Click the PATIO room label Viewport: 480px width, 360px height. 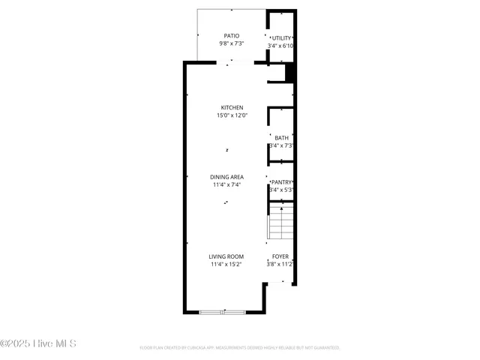tap(232, 36)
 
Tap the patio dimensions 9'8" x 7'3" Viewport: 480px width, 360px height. tap(232, 43)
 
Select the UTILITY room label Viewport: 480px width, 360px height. tap(281, 38)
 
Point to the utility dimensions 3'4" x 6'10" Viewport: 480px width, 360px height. tap(280, 46)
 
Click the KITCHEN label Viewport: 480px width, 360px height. tap(232, 107)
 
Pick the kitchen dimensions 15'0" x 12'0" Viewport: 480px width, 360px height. tap(232, 115)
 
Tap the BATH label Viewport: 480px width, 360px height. tap(281, 138)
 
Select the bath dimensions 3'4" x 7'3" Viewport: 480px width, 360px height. tap(281, 145)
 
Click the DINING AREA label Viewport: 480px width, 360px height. tap(226, 177)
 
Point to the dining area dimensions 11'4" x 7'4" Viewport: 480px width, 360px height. tap(226, 184)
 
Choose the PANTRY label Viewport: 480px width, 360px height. tap(281, 182)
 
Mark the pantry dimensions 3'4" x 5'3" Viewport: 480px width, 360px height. tap(281, 190)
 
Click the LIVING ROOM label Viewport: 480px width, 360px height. tap(226, 256)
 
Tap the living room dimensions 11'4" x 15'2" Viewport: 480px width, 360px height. tap(226, 264)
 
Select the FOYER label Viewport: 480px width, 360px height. tap(280, 256)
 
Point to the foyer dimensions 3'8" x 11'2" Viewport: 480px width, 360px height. tap(280, 264)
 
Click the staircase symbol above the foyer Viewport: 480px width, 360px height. tap(280, 222)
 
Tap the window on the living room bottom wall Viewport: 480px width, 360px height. tap(223, 311)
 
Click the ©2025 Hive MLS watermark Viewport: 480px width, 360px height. tap(38, 344)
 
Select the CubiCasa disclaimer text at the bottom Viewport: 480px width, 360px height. tap(240, 348)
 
